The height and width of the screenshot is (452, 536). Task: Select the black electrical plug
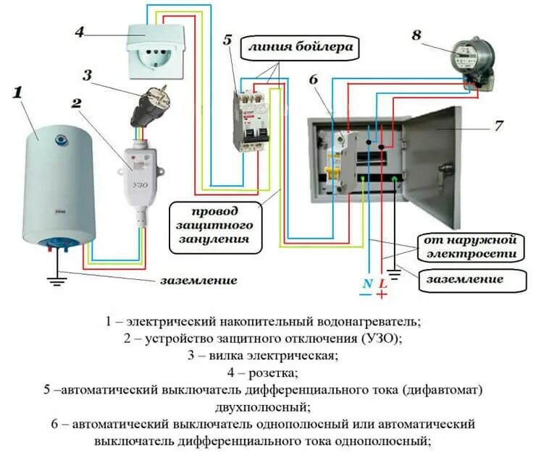[151, 107]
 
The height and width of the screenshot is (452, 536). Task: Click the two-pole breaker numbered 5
[247, 119]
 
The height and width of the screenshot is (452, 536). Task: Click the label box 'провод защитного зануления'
[215, 226]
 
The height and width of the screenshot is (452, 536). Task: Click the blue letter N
[367, 283]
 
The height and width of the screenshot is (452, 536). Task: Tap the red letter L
[382, 283]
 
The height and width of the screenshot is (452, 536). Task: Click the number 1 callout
[18, 93]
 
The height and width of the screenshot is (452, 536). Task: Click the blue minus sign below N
[366, 295]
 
